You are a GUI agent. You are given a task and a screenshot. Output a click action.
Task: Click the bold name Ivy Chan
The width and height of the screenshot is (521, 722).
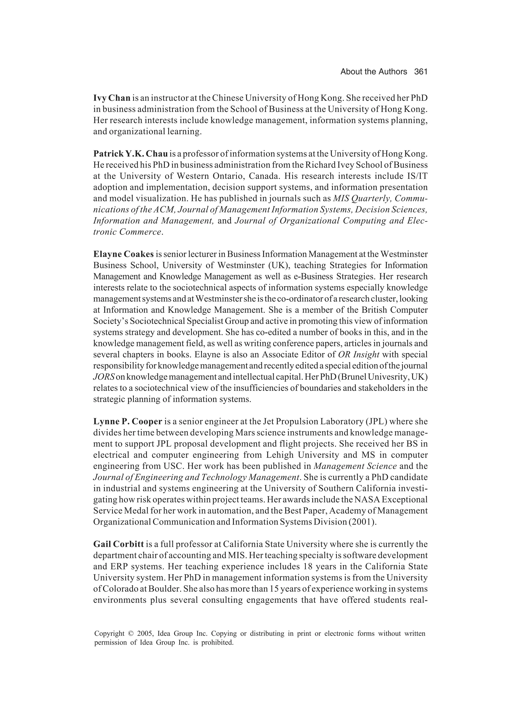[112, 98]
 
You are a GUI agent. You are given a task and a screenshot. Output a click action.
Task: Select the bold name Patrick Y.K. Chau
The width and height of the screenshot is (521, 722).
[131, 154]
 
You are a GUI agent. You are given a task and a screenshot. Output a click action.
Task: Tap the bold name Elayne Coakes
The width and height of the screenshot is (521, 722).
[123, 254]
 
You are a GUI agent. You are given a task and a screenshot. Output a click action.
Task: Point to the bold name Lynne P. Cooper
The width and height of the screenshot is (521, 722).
[128, 422]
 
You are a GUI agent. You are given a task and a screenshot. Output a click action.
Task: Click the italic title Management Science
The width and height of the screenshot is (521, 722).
[355, 466]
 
